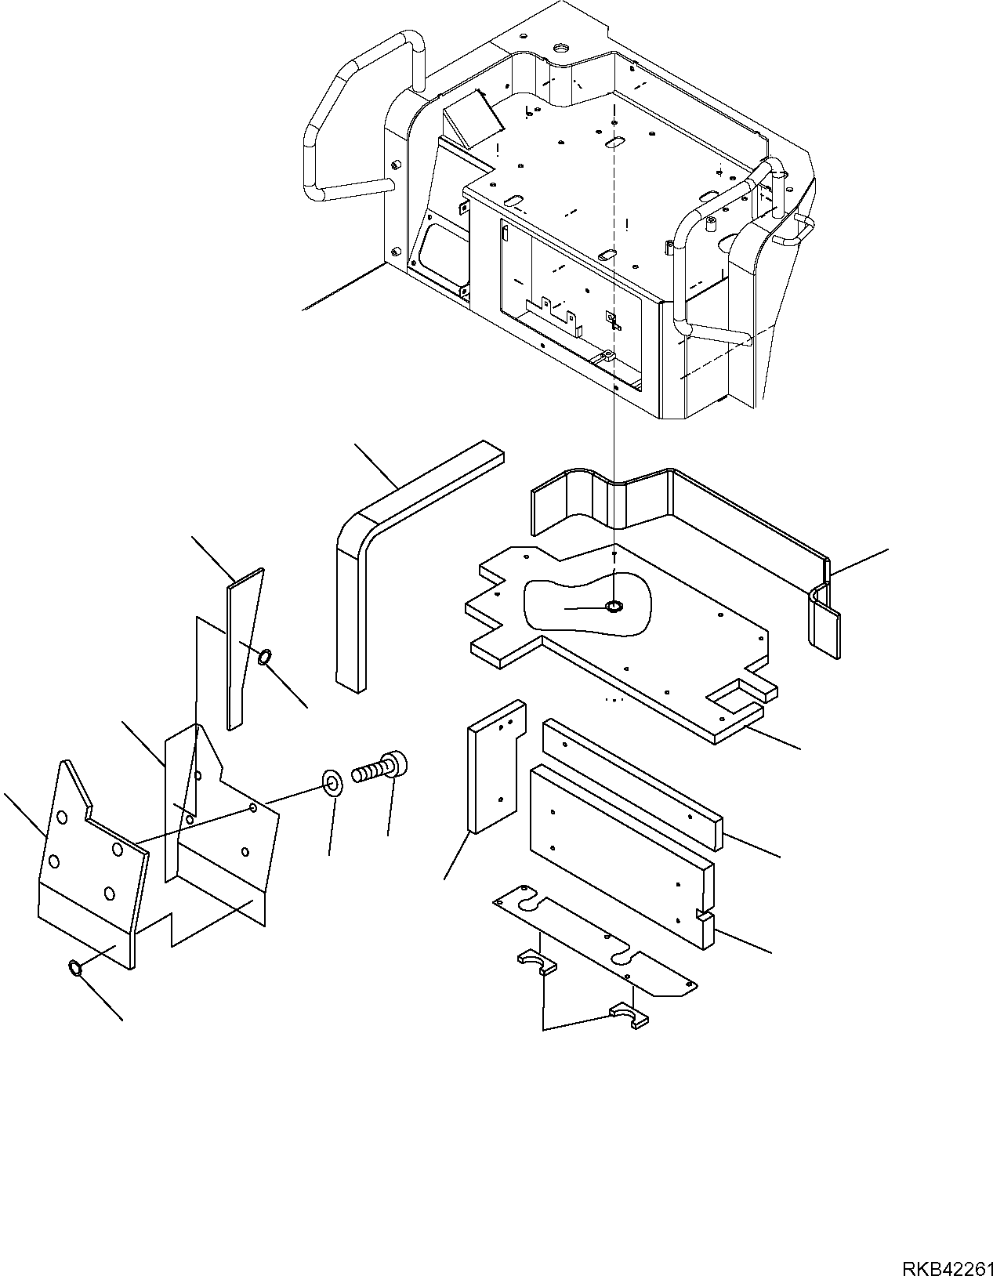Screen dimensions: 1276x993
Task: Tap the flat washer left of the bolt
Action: pos(333,783)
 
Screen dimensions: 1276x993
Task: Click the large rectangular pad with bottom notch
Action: pos(619,846)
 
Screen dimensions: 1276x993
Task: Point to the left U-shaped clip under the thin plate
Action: pos(535,961)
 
